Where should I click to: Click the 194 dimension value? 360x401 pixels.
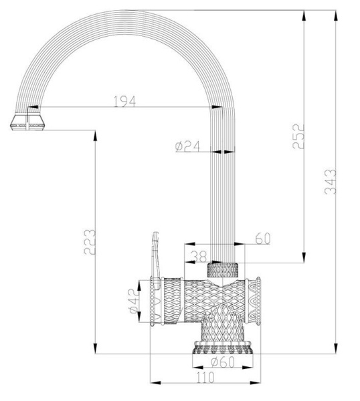(124, 101)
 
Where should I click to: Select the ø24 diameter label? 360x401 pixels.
(189, 147)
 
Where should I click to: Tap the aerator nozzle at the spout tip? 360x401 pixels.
(28, 122)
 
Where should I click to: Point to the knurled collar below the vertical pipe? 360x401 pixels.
(223, 270)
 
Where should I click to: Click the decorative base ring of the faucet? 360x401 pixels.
(223, 347)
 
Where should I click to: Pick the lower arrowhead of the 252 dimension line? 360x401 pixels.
(304, 259)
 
